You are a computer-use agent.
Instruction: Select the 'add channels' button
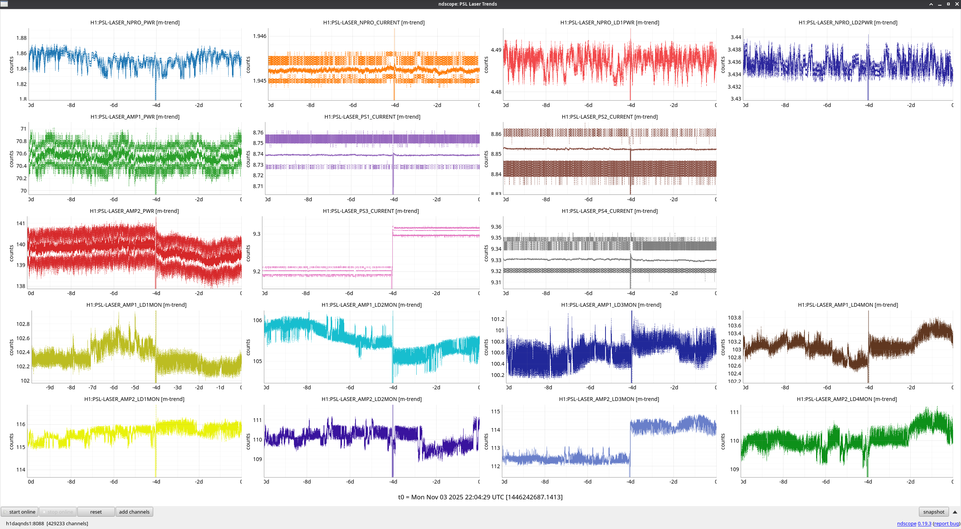[134, 512]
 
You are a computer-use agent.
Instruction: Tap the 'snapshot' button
[934, 512]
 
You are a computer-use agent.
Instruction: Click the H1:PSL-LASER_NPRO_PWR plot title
[135, 23]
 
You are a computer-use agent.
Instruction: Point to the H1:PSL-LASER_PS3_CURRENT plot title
[371, 211]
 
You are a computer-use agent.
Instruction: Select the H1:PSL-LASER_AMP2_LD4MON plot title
[847, 399]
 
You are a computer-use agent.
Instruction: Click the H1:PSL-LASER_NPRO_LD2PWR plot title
[848, 23]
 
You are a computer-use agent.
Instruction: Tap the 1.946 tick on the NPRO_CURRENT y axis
[259, 36]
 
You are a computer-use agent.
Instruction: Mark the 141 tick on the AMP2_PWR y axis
[21, 223]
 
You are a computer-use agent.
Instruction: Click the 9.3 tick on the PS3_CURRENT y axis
[256, 234]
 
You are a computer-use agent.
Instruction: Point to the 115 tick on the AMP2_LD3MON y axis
[496, 411]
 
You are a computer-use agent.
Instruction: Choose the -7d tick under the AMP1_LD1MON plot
[92, 387]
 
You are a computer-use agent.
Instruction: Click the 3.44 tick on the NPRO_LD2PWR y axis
[736, 37]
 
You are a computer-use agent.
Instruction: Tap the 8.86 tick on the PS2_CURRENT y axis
[496, 134]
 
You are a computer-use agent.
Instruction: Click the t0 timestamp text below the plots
[480, 497]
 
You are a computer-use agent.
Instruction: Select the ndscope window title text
[467, 4]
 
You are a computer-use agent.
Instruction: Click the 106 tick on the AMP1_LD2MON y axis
[258, 320]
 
